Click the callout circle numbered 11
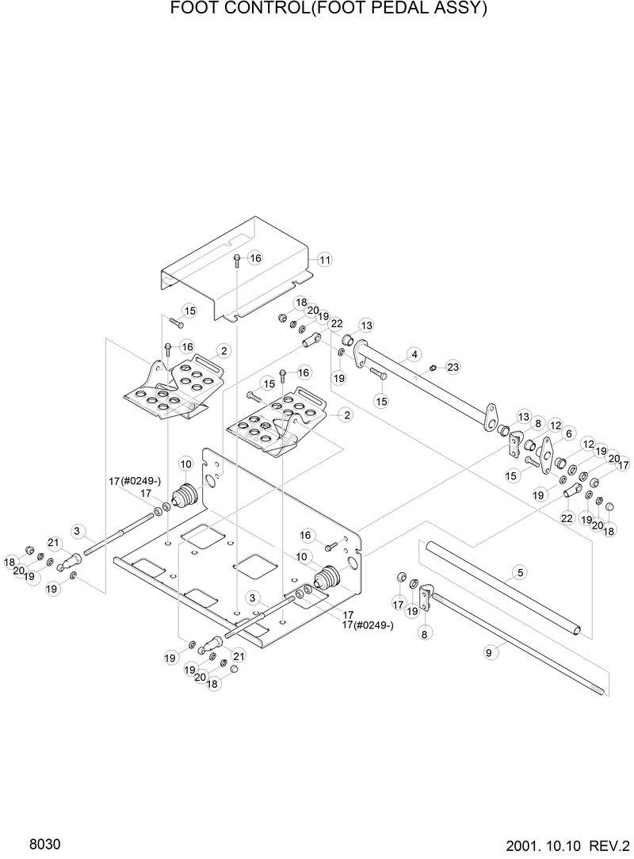pyautogui.click(x=325, y=260)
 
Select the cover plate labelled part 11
pyautogui.click(x=238, y=277)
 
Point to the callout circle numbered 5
pyautogui.click(x=520, y=571)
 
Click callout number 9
pyautogui.click(x=489, y=652)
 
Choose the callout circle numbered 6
pyautogui.click(x=568, y=434)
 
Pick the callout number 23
pyautogui.click(x=453, y=367)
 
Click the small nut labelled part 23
pyautogui.click(x=433, y=368)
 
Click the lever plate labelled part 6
pyautogui.click(x=544, y=452)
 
